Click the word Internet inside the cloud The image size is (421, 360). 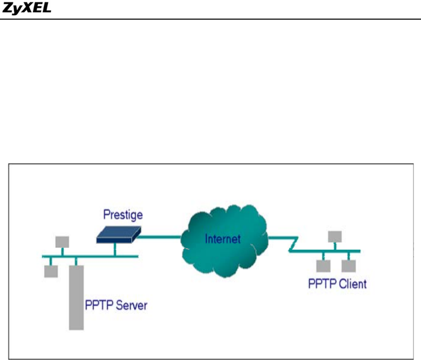[223, 238]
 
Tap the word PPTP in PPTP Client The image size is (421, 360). [320, 283]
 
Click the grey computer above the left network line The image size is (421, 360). [62, 242]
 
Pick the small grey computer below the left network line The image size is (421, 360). [50, 271]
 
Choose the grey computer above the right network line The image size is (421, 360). [334, 236]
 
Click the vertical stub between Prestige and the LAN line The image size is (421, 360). [115, 248]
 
